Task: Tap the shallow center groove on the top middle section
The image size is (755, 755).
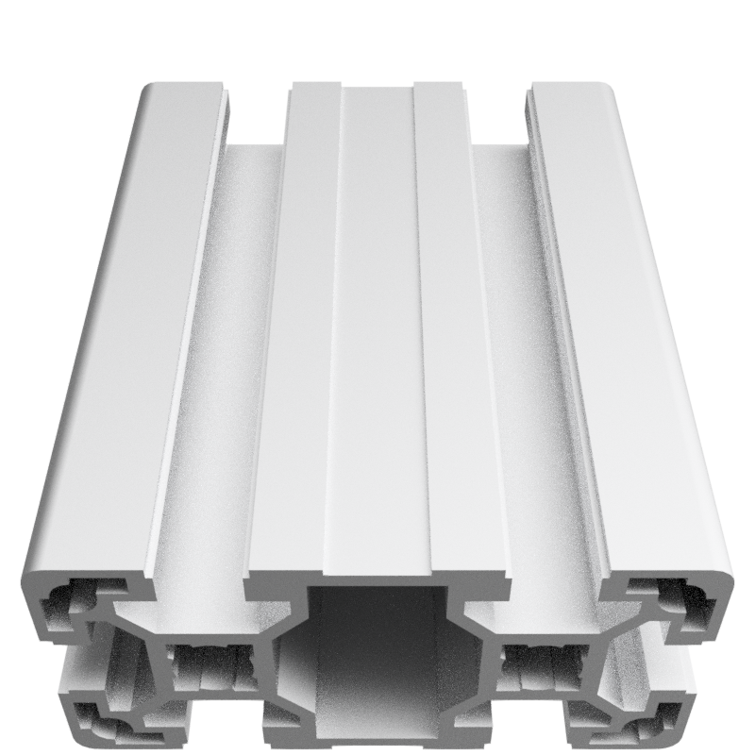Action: pyautogui.click(x=377, y=330)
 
